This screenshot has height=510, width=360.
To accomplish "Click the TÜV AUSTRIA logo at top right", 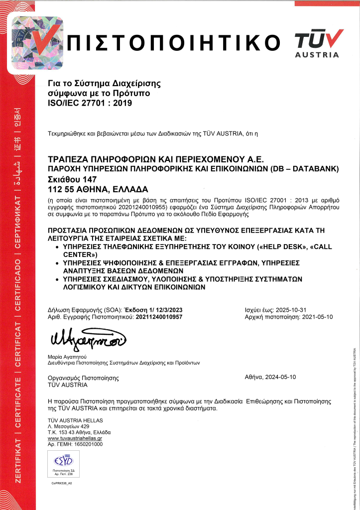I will pyautogui.click(x=319, y=43).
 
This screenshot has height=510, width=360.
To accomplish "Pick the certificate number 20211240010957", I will pyautogui.click(x=159, y=317).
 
